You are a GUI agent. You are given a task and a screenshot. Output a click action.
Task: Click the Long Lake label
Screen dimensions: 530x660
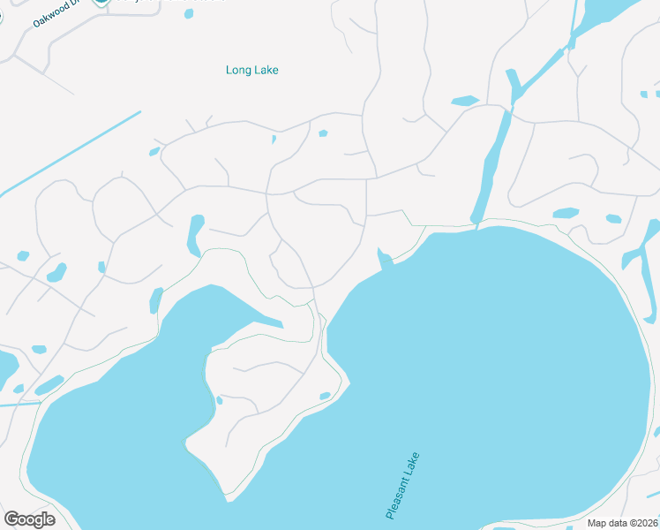tap(252, 70)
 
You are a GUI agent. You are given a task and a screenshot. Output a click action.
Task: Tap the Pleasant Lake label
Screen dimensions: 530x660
tap(403, 486)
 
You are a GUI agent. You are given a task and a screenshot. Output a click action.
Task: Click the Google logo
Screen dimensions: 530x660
tap(29, 519)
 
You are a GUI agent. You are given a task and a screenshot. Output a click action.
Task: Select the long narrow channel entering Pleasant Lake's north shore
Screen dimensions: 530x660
tap(491, 168)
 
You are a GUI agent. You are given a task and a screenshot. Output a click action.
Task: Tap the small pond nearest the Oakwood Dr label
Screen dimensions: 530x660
tap(189, 13)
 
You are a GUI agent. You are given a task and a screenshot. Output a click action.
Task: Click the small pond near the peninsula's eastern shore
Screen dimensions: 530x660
tap(325, 395)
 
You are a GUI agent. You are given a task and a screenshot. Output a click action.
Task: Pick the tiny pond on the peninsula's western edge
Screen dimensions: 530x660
tap(219, 400)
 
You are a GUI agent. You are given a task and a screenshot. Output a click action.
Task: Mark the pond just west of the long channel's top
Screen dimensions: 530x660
tap(464, 102)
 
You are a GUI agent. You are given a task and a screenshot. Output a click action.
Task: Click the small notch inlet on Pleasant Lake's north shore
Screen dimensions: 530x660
tap(385, 259)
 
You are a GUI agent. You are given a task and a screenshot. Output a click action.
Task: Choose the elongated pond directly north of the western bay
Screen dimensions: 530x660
tap(194, 234)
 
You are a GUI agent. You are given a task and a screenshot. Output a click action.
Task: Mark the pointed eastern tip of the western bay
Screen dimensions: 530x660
tap(281, 324)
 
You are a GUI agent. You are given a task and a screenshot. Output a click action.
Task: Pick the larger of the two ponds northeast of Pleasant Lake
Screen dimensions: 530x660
tap(565, 213)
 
